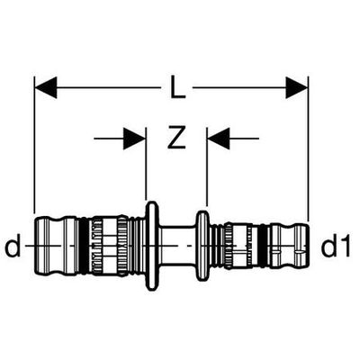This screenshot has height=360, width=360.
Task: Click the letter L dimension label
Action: (177, 87)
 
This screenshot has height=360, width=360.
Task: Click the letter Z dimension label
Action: (176, 138)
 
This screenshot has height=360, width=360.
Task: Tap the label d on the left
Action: (13, 245)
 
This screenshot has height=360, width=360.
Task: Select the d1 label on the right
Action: (336, 246)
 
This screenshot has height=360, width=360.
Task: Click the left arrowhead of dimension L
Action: (46, 87)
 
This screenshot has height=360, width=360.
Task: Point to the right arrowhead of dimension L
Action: (297, 87)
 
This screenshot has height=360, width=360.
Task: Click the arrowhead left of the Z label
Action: (134, 139)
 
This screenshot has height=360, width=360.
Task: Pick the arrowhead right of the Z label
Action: (219, 139)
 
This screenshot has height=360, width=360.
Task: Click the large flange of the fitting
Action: (152, 246)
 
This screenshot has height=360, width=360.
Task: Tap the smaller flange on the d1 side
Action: (202, 246)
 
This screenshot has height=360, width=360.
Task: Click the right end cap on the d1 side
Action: (290, 246)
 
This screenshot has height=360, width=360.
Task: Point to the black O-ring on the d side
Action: (85, 246)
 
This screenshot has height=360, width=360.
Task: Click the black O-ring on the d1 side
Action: (263, 246)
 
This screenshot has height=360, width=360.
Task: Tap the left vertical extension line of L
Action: (35, 145)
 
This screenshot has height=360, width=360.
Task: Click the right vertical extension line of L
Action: (308, 148)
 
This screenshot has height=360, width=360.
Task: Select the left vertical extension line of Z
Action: (146, 164)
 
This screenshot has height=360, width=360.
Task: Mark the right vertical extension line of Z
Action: (207, 166)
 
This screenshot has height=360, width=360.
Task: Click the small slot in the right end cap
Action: (298, 254)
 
